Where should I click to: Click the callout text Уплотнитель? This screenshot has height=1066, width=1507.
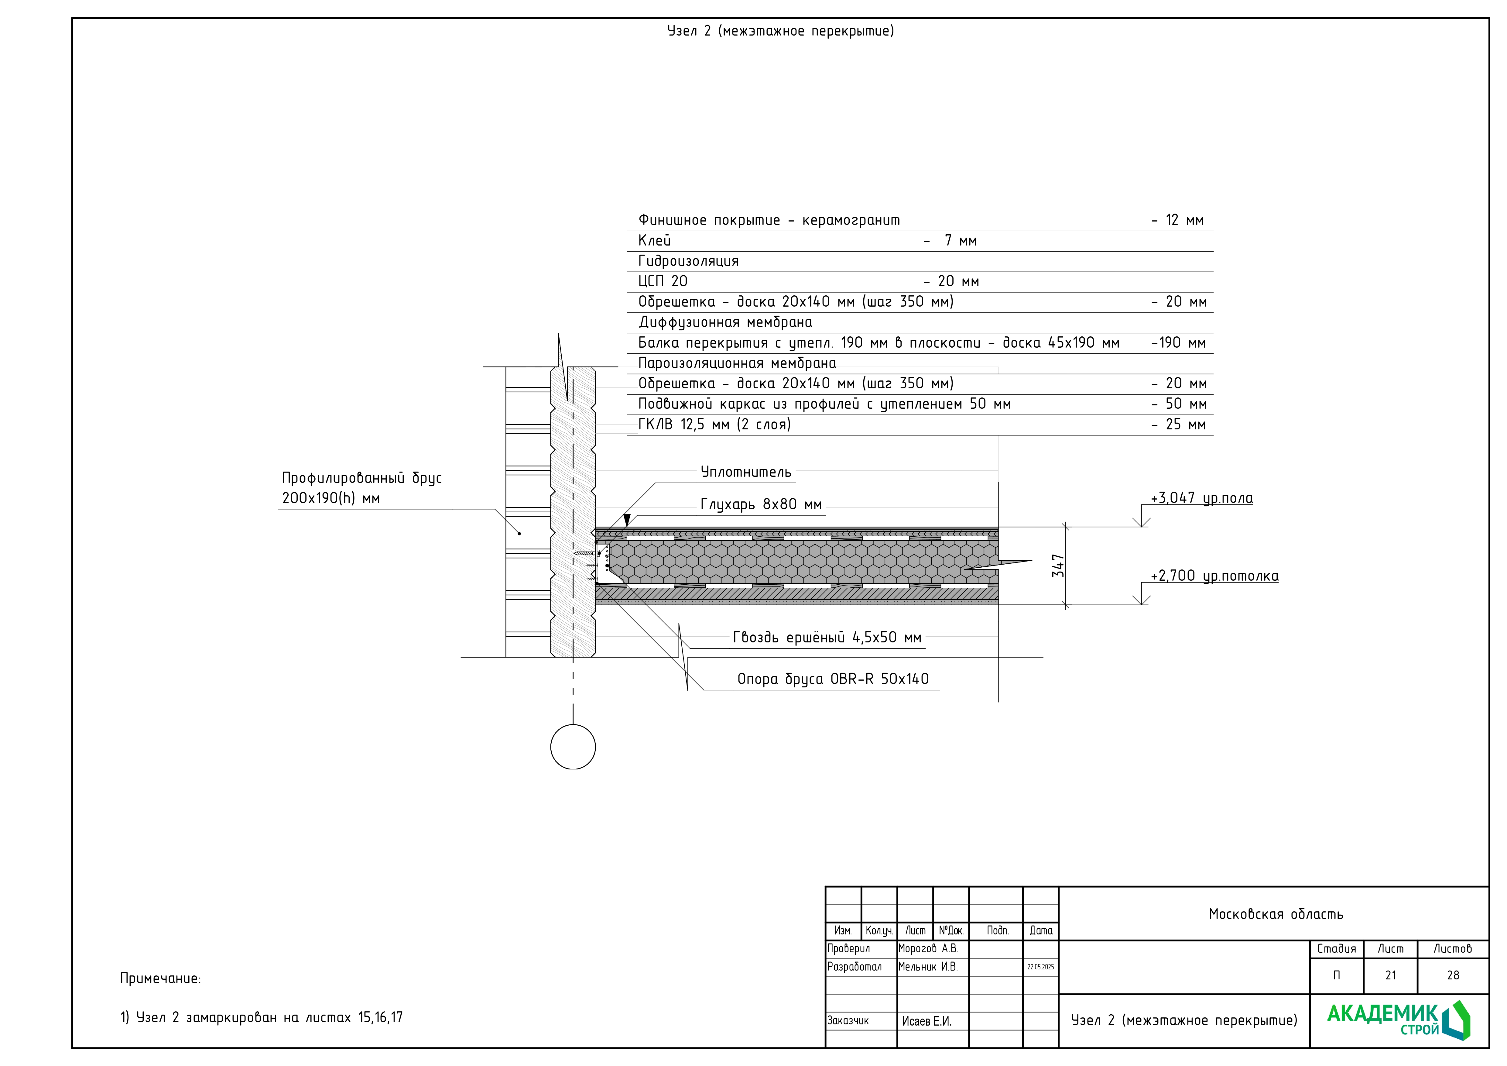point(746,472)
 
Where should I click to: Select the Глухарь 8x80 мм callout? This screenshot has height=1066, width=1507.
point(761,504)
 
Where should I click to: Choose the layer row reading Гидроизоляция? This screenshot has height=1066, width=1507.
point(688,261)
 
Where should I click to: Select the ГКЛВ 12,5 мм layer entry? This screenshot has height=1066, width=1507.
point(714,425)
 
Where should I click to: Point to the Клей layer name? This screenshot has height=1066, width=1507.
point(654,241)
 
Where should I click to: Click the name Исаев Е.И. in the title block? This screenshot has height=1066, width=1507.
point(926,1021)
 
